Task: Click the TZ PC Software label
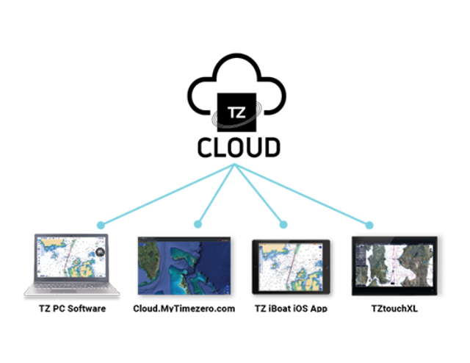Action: [x=71, y=309]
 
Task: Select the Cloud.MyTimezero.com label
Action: [x=184, y=309]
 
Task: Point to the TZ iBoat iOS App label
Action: [x=291, y=309]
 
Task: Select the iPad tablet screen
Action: [x=291, y=265]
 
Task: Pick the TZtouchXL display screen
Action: [x=394, y=265]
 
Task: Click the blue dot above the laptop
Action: [x=101, y=224]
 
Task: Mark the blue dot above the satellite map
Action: [x=198, y=224]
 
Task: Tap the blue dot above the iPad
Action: [x=283, y=224]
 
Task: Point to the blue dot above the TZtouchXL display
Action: [x=369, y=224]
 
